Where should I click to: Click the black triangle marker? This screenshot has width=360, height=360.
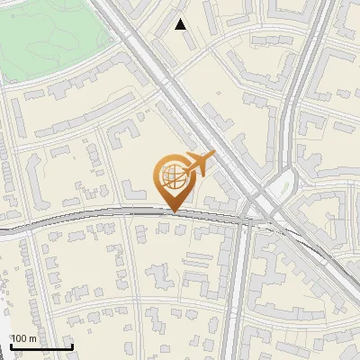point(181,24)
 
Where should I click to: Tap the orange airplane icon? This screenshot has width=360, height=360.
point(199,164)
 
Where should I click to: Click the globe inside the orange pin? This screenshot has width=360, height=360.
point(172,175)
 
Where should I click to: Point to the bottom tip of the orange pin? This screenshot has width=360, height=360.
point(173,211)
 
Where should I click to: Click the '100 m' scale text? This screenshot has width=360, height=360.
point(23,338)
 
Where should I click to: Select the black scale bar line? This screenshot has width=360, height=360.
point(40,346)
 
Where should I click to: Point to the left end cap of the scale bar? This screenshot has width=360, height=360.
point(9,345)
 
